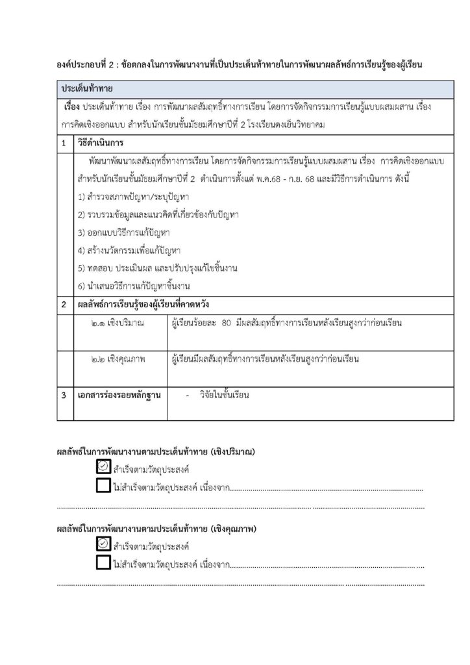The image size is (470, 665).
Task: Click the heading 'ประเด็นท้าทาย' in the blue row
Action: (87, 87)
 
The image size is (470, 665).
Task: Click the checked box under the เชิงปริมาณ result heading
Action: (103, 466)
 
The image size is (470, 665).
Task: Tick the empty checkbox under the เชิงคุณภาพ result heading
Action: (103, 563)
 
